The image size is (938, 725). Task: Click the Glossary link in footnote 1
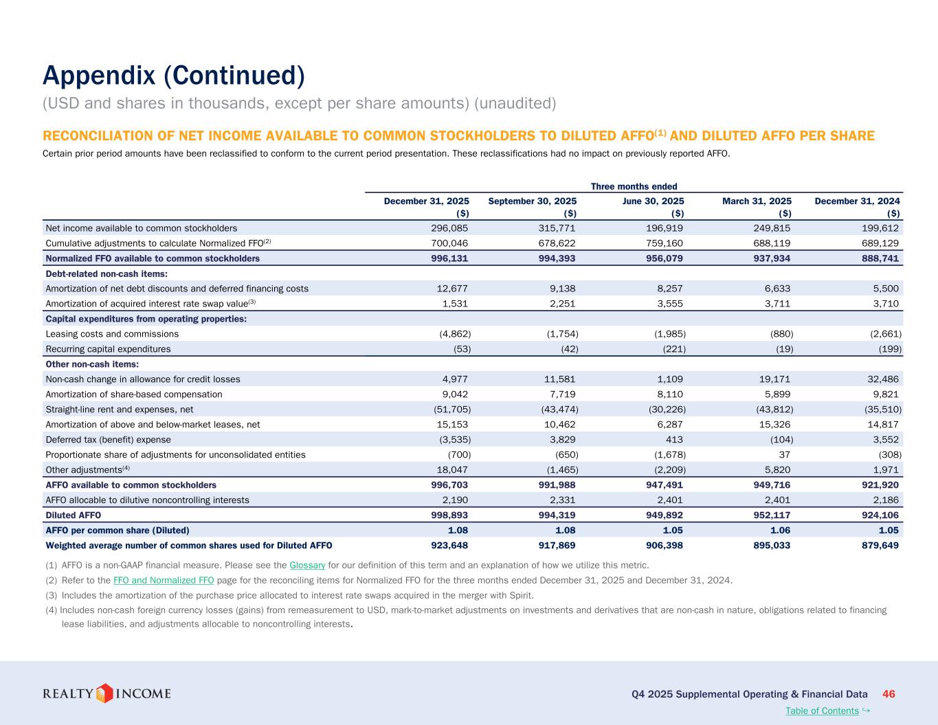pyautogui.click(x=307, y=565)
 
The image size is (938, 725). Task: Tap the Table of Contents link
pyautogui.click(x=822, y=711)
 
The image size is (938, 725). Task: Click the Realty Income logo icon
pyautogui.click(x=104, y=693)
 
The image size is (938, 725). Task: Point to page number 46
pyautogui.click(x=889, y=694)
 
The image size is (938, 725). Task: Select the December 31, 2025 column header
pyautogui.click(x=426, y=201)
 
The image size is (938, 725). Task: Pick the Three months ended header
pyautogui.click(x=634, y=186)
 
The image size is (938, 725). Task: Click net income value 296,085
pyautogui.click(x=449, y=228)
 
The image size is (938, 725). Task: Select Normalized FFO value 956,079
pyautogui.click(x=664, y=258)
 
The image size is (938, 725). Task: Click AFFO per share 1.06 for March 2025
pyautogui.click(x=778, y=530)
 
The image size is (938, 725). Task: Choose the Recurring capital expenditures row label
pyautogui.click(x=108, y=349)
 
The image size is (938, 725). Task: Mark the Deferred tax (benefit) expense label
pyautogui.click(x=108, y=440)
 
